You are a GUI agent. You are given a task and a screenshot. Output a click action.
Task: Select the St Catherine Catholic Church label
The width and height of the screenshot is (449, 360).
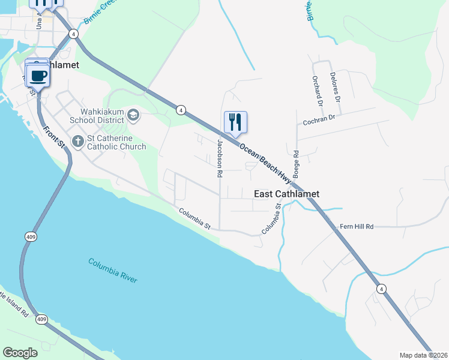(x=116, y=142)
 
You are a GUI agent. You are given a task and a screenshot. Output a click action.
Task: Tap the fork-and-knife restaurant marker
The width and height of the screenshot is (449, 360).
(x=235, y=122)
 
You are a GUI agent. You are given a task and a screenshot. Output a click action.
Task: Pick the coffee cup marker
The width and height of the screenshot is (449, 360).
(x=38, y=76)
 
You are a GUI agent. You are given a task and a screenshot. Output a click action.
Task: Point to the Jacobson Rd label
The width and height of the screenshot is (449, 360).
(x=220, y=158)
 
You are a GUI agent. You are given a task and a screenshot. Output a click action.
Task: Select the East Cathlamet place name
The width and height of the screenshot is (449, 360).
(x=286, y=194)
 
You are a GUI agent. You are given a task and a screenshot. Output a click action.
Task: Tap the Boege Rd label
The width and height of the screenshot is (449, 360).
(x=296, y=162)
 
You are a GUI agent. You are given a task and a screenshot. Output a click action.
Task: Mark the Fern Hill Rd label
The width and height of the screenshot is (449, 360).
(x=357, y=226)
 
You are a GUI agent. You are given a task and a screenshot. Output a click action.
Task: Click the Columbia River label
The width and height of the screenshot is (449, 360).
(x=113, y=271)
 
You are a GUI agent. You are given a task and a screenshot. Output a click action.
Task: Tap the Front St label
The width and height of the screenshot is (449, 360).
(x=53, y=136)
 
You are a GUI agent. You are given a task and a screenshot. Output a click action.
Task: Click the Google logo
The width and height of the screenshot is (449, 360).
(x=20, y=352)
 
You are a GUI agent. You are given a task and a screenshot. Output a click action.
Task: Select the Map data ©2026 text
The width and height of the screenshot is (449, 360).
(x=423, y=355)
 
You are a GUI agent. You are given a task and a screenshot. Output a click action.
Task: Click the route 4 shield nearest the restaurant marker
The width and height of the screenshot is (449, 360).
(x=181, y=109)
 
